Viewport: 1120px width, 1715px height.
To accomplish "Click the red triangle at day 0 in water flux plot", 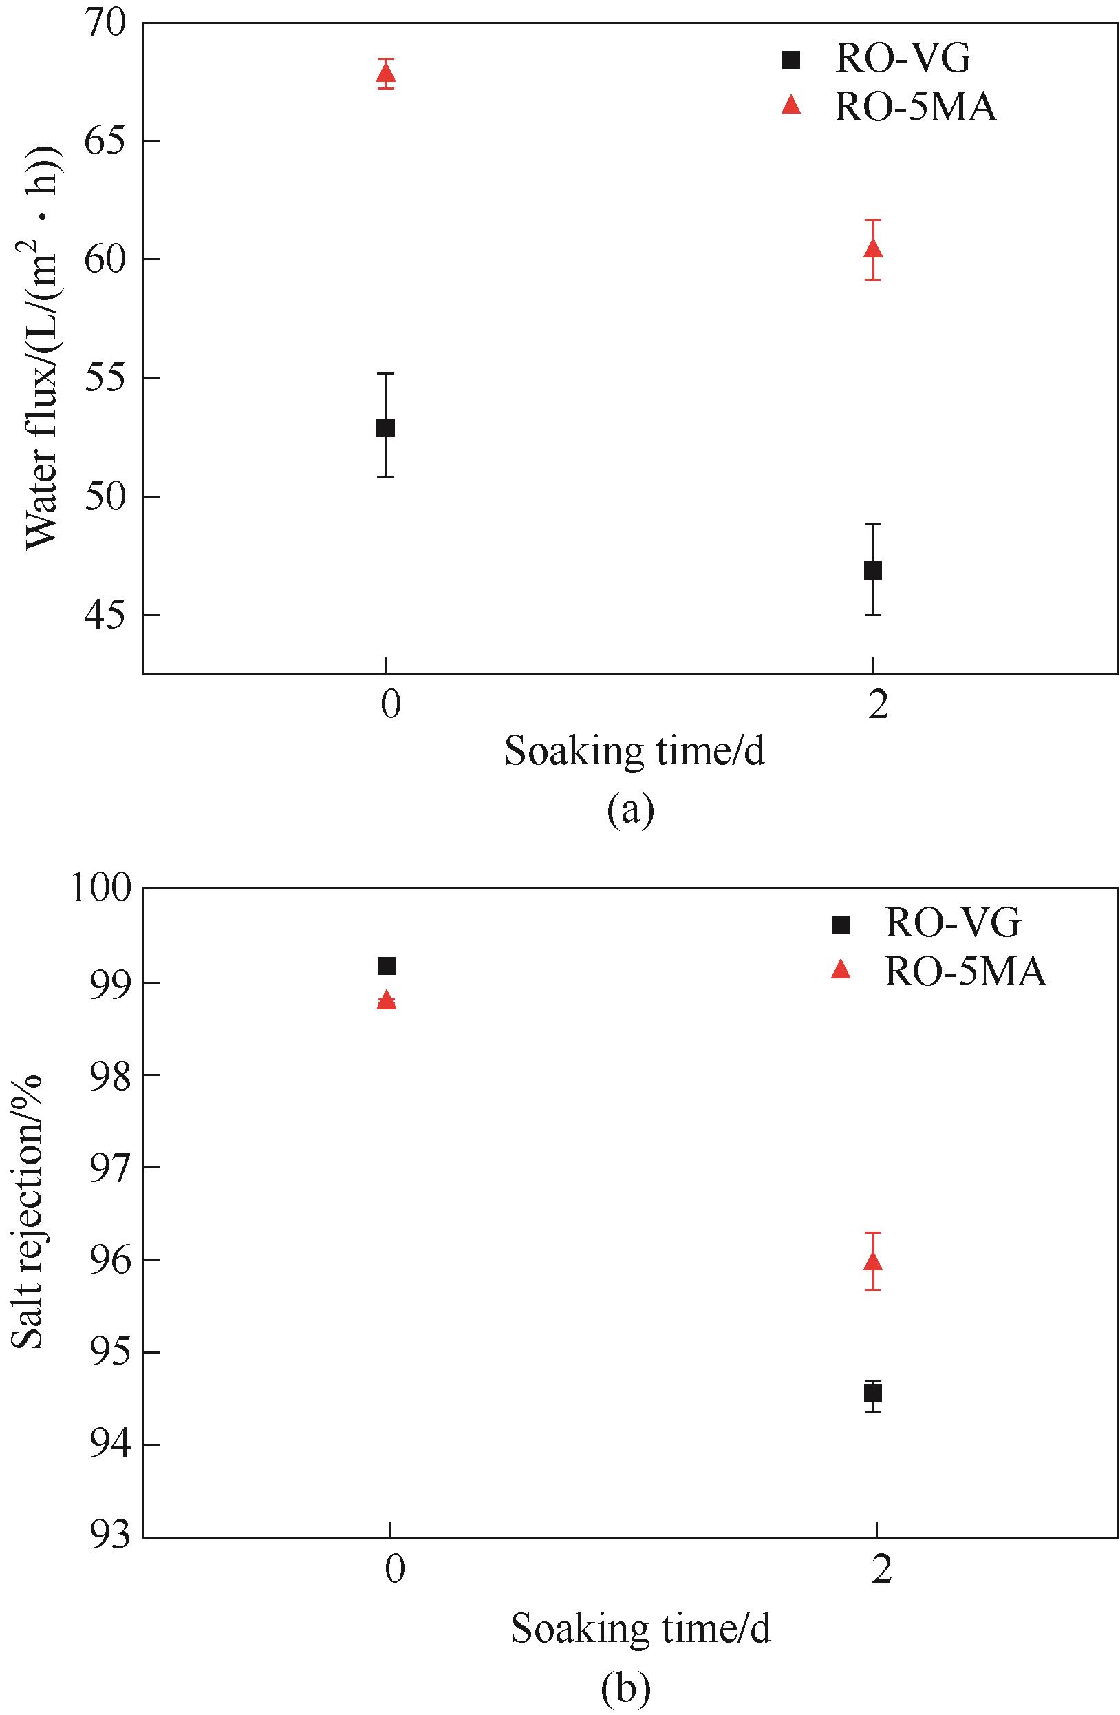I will [x=385, y=72].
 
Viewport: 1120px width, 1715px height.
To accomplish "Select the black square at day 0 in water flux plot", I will [x=385, y=428].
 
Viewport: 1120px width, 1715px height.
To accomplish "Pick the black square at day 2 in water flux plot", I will [x=873, y=570].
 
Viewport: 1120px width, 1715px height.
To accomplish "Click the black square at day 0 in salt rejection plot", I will [x=387, y=965].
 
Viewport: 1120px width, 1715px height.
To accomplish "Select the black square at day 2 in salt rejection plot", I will [x=873, y=1393].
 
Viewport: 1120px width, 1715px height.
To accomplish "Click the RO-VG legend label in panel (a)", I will [x=903, y=59].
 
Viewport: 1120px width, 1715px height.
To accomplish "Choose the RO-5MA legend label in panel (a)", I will [x=916, y=107].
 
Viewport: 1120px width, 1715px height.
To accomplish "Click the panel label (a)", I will [x=630, y=809].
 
